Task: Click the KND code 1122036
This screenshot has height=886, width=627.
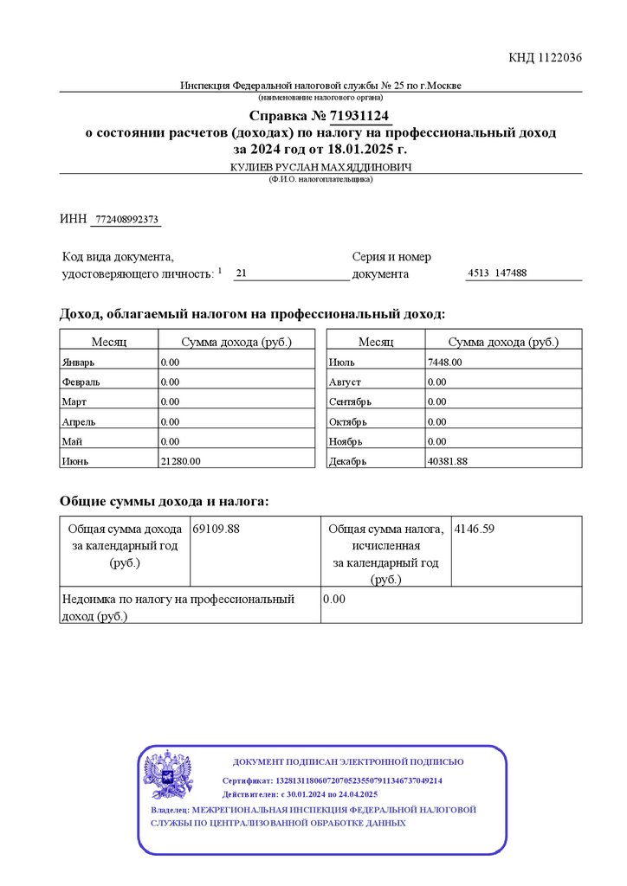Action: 545,58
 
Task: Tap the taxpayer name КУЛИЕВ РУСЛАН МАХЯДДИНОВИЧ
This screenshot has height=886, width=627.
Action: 320,166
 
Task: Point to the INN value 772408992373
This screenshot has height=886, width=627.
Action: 126,220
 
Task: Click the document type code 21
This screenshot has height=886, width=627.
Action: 241,273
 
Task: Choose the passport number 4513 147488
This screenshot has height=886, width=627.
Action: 497,273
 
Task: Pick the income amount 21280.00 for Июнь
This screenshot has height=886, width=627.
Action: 180,461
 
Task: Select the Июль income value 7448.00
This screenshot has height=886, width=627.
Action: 445,362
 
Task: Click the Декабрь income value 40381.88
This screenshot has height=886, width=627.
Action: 447,461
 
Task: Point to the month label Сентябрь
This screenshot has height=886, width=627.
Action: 350,401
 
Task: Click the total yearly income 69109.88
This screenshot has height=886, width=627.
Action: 217,528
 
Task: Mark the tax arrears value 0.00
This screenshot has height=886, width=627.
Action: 334,599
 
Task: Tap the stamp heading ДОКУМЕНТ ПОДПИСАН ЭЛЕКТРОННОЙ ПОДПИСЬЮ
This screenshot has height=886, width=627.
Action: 348,762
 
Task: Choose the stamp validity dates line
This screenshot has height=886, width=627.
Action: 300,794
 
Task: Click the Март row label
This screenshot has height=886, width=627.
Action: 73,401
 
